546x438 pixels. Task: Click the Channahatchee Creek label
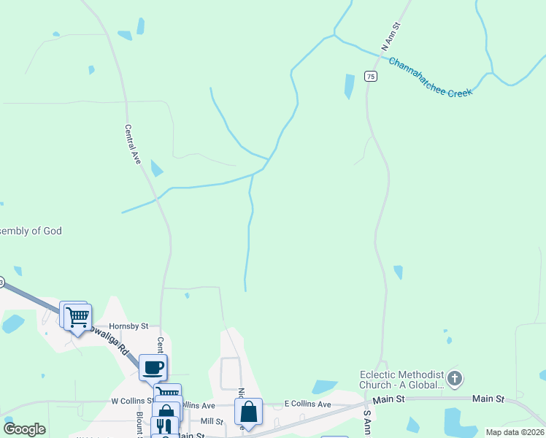[431, 78]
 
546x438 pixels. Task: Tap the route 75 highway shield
[371, 77]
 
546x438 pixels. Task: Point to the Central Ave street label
[132, 145]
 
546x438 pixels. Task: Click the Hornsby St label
[128, 326]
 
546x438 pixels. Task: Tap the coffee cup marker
[153, 367]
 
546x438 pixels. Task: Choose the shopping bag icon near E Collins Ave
[248, 412]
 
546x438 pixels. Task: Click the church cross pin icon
[455, 377]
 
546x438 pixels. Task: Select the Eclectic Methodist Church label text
[401, 380]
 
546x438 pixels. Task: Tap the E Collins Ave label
[307, 404]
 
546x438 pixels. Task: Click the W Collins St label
[130, 401]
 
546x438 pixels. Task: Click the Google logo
[24, 429]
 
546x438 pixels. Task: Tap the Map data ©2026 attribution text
[515, 432]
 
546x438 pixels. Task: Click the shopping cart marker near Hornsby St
[77, 318]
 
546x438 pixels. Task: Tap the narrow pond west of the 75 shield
[349, 87]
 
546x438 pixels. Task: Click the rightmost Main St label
[488, 399]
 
